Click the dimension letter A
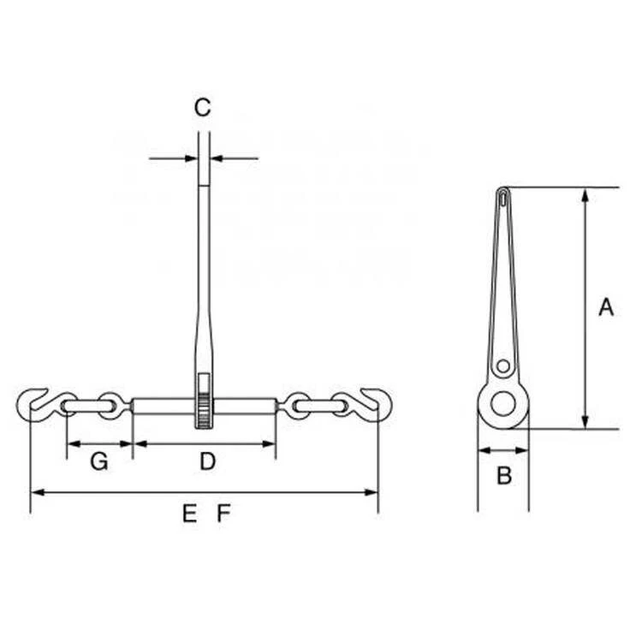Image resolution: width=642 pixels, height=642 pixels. coord(606,307)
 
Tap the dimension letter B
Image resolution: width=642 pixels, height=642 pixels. coord(504,476)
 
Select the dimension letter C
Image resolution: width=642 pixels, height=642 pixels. coord(202,108)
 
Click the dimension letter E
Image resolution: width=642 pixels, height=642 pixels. coord(189,514)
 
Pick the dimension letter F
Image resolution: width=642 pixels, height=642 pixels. coord(223,514)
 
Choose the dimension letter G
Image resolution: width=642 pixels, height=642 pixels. coord(99,462)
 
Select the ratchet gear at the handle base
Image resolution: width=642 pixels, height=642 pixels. coord(203,410)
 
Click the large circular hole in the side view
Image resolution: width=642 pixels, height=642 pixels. coord(504,403)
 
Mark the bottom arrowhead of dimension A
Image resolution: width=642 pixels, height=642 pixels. coord(585,422)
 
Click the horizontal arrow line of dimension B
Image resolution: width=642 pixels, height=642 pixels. coord(503,450)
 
